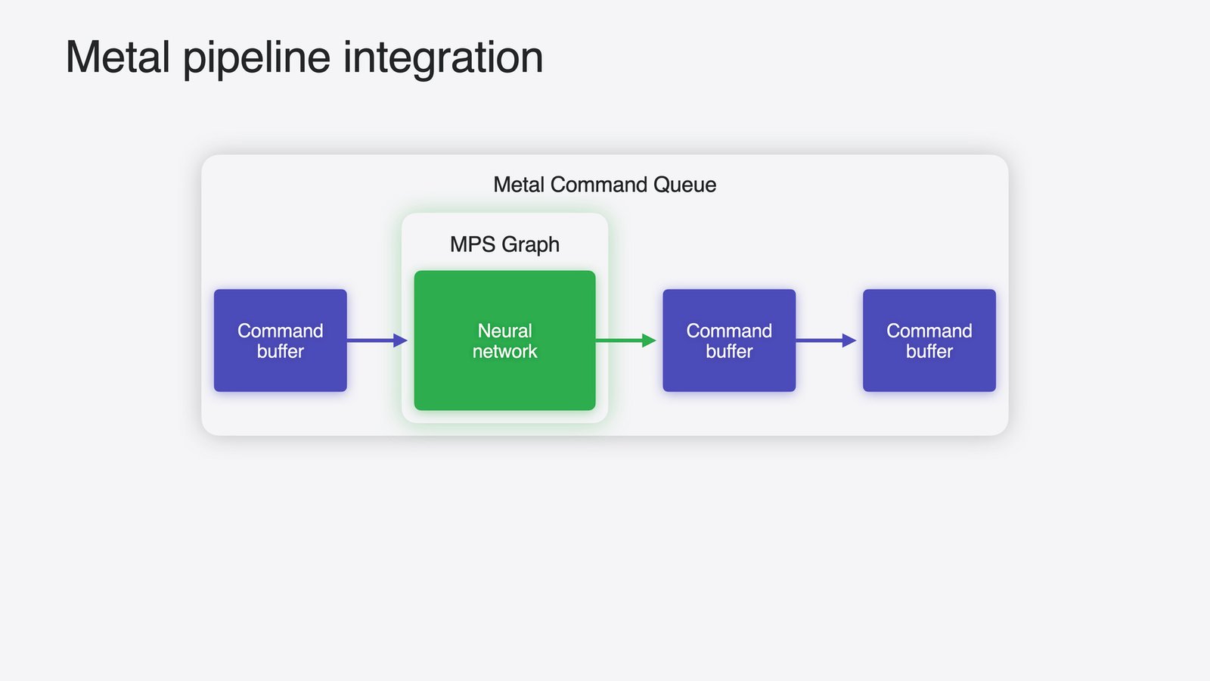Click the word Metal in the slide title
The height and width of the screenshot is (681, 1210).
pyautogui.click(x=118, y=57)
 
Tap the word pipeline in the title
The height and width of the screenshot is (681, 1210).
pyautogui.click(x=256, y=60)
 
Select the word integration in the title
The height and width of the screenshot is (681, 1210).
pyautogui.click(x=443, y=60)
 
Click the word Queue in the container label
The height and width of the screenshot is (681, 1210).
pyautogui.click(x=684, y=185)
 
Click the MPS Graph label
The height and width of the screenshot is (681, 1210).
pyautogui.click(x=504, y=245)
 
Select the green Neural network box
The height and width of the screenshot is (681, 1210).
pyautogui.click(x=504, y=340)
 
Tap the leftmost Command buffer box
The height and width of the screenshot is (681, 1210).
pyautogui.click(x=281, y=340)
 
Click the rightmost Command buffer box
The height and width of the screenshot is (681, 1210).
pyautogui.click(x=929, y=340)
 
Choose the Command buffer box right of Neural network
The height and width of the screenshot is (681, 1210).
pyautogui.click(x=729, y=340)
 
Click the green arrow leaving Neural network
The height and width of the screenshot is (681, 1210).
pyautogui.click(x=626, y=340)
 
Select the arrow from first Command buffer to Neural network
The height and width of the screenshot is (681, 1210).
pyautogui.click(x=377, y=340)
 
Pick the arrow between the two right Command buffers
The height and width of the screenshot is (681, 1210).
pyautogui.click(x=826, y=340)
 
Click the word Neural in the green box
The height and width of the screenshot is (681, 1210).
pyautogui.click(x=504, y=331)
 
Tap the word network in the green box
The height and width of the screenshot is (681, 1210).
pyautogui.click(x=504, y=351)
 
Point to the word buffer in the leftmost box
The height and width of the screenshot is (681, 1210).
pyautogui.click(x=281, y=351)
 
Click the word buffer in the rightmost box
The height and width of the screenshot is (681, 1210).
pyautogui.click(x=929, y=351)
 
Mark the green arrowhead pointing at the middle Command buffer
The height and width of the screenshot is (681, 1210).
pyautogui.click(x=650, y=340)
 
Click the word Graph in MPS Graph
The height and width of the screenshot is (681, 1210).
pyautogui.click(x=530, y=245)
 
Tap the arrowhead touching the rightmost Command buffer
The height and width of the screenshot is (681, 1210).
pyautogui.click(x=849, y=340)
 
